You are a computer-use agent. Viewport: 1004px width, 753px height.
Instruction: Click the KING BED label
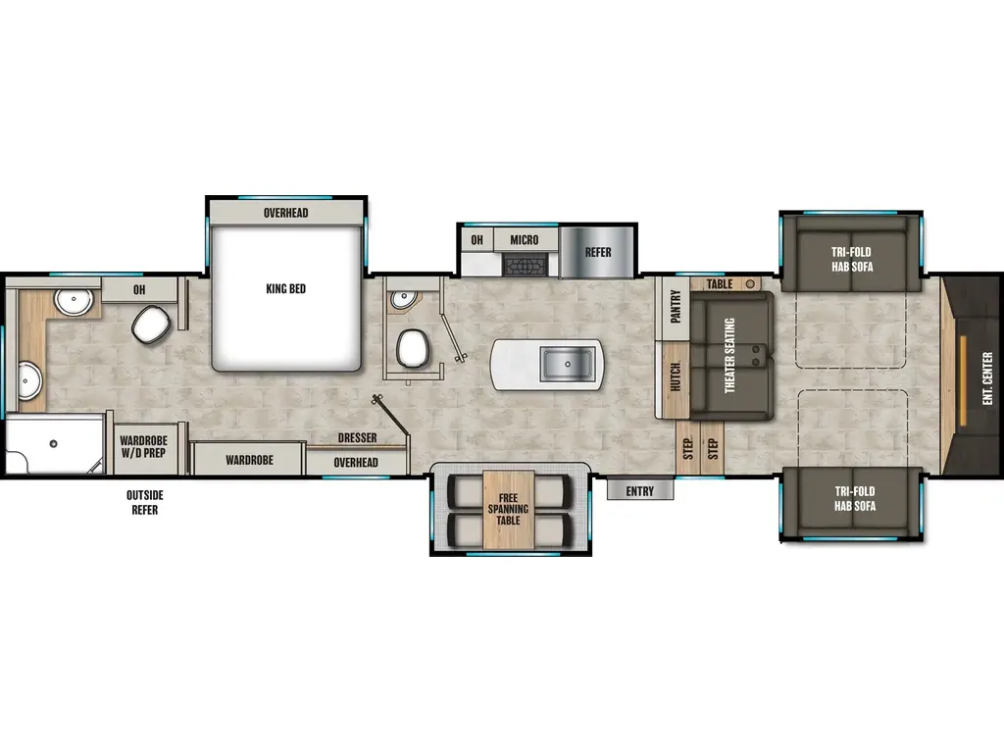286,289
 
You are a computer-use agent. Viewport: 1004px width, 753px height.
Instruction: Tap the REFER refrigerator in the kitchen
598,252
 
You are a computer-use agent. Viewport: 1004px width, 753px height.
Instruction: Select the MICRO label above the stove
524,240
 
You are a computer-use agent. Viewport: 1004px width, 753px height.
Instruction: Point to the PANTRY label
676,307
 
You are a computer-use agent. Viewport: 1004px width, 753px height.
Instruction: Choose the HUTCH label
676,377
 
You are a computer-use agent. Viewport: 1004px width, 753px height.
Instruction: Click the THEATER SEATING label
729,356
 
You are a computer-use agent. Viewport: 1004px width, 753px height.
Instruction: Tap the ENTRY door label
639,491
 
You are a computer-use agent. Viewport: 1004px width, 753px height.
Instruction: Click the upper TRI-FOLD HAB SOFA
849,259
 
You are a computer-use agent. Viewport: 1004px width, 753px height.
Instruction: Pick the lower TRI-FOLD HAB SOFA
849,499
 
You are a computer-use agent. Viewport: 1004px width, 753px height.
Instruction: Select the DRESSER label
357,437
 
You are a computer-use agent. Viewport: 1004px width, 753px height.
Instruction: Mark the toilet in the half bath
413,346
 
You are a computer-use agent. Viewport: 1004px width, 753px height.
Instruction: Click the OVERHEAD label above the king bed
285,213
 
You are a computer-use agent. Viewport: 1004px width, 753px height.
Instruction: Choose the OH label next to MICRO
477,240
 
